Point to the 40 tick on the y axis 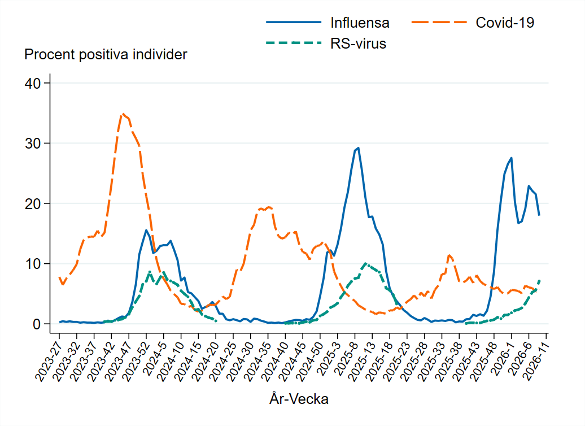click(x=34, y=83)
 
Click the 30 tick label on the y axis click(x=34, y=144)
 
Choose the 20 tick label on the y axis click(x=34, y=203)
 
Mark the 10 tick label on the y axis click(x=34, y=264)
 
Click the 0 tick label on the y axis click(x=37, y=324)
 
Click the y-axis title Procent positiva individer click(x=106, y=55)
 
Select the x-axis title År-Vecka click(x=299, y=399)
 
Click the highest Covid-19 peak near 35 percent click(x=123, y=114)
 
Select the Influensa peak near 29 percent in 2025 click(x=358, y=148)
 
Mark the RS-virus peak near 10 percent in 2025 click(x=365, y=263)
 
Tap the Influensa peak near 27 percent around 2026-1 click(x=511, y=158)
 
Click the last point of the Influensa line click(x=539, y=215)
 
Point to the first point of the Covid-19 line click(x=60, y=277)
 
